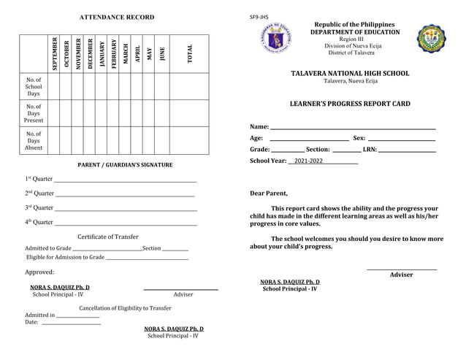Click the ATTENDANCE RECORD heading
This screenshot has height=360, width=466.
[x=117, y=17]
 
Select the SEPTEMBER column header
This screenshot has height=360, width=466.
[x=54, y=53]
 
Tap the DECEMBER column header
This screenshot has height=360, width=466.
[x=90, y=53]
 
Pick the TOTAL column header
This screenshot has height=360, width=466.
[x=190, y=53]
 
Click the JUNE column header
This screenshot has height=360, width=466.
[x=162, y=53]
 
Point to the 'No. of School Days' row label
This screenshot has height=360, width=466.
[x=34, y=86]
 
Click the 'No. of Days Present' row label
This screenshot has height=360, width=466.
[x=34, y=113]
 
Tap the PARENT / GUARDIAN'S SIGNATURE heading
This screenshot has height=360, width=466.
[x=125, y=165]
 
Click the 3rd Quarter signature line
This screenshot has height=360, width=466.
[x=126, y=210]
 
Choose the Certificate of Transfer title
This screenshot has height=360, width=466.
[x=108, y=237]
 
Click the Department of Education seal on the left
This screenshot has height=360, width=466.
[x=277, y=37]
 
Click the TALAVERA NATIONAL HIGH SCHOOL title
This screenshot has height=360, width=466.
[x=350, y=74]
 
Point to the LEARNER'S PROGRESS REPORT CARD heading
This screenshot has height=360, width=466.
[x=350, y=104]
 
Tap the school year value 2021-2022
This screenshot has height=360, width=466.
[x=308, y=161]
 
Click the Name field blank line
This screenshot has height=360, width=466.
[x=353, y=129]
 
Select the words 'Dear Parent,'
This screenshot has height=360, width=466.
[x=269, y=194]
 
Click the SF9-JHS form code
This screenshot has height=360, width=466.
[x=259, y=17]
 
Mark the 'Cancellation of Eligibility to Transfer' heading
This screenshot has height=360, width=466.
[x=125, y=308]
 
